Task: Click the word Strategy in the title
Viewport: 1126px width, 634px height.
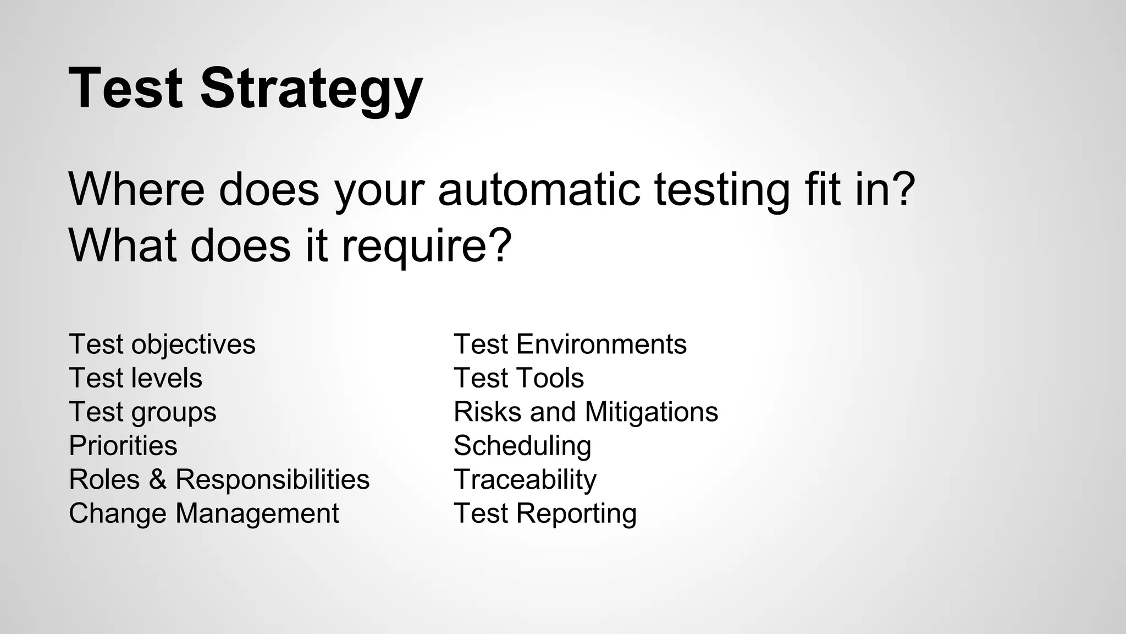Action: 311,89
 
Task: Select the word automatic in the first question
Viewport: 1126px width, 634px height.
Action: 539,189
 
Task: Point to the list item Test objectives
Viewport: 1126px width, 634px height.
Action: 162,345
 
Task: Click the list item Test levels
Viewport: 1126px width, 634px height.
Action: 136,378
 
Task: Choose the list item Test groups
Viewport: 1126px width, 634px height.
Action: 142,412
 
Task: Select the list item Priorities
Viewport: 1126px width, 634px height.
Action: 123,446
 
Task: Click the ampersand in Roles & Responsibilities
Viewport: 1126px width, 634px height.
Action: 157,479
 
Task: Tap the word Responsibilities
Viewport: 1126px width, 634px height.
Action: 272,479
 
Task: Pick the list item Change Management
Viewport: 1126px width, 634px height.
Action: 204,513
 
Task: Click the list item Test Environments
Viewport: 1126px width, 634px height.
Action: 570,345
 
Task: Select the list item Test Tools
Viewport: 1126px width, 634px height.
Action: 518,378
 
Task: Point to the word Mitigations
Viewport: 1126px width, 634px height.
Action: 652,412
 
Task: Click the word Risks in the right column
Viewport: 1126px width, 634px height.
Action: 487,412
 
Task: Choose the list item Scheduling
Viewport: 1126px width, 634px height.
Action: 522,446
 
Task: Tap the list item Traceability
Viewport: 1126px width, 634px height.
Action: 525,479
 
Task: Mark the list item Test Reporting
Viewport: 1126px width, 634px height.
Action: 545,513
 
